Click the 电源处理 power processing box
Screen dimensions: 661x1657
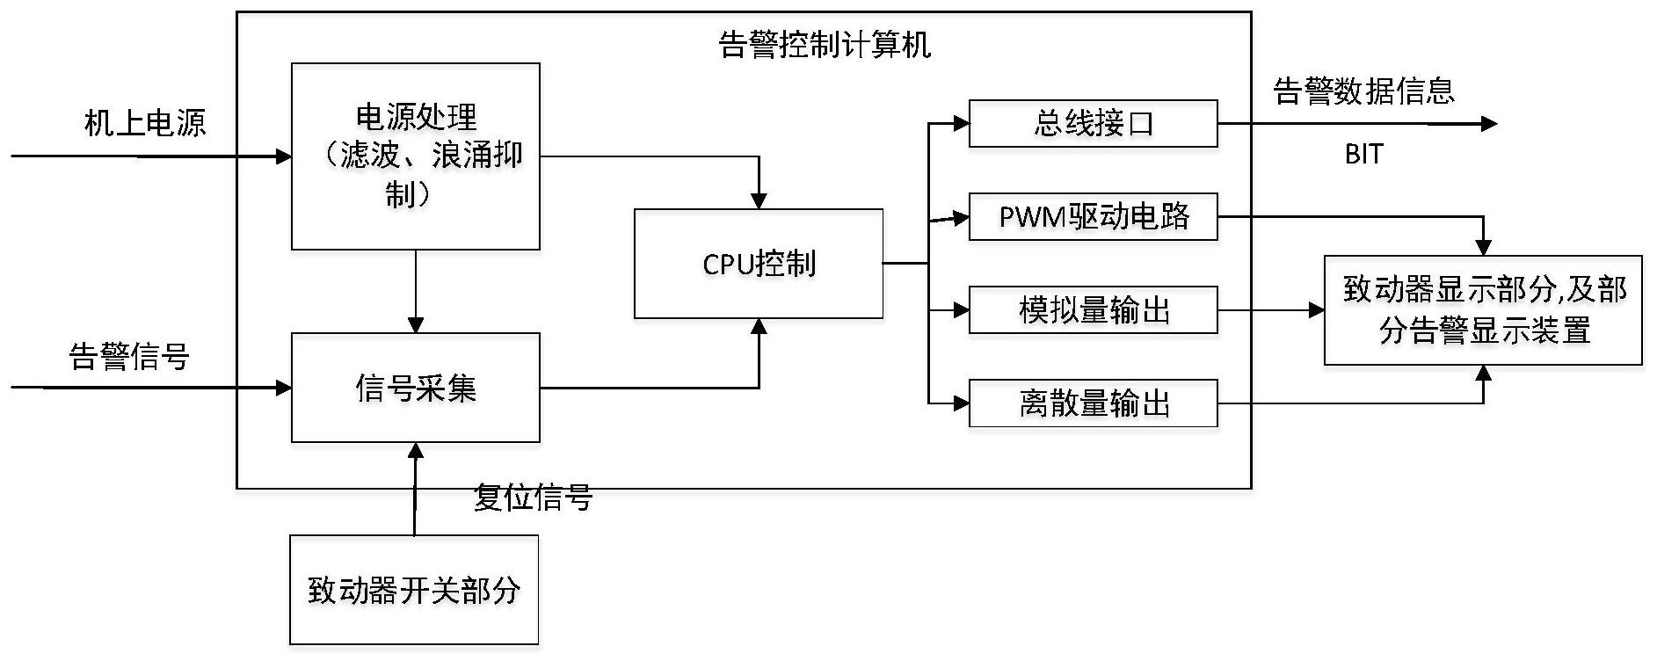[x=415, y=156]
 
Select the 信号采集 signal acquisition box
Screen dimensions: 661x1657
[x=415, y=387]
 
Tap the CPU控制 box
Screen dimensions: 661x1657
[x=758, y=263]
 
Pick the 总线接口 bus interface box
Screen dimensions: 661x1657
[x=1093, y=123]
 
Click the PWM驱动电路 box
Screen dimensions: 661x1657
[x=1093, y=216]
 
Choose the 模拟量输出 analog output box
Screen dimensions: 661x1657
[x=1093, y=309]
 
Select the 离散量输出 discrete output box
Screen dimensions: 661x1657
[x=1093, y=403]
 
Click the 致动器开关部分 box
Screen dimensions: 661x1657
[x=414, y=589]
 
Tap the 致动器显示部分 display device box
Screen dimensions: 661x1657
[x=1483, y=309]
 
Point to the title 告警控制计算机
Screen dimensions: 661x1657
[x=825, y=44]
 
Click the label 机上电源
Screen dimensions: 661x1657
[x=145, y=123]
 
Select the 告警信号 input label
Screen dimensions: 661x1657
[x=129, y=357]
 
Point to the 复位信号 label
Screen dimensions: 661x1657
[x=533, y=498]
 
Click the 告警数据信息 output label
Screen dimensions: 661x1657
[x=1363, y=91]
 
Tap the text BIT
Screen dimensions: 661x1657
[x=1363, y=154]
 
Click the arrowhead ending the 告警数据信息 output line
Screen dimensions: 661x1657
[x=1489, y=124]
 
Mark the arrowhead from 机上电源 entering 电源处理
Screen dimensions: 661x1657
[x=284, y=157]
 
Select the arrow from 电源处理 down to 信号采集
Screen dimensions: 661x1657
[x=416, y=290]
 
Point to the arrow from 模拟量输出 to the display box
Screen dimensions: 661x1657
[x=1270, y=309]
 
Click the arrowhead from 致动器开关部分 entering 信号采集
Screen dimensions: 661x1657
[x=415, y=451]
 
